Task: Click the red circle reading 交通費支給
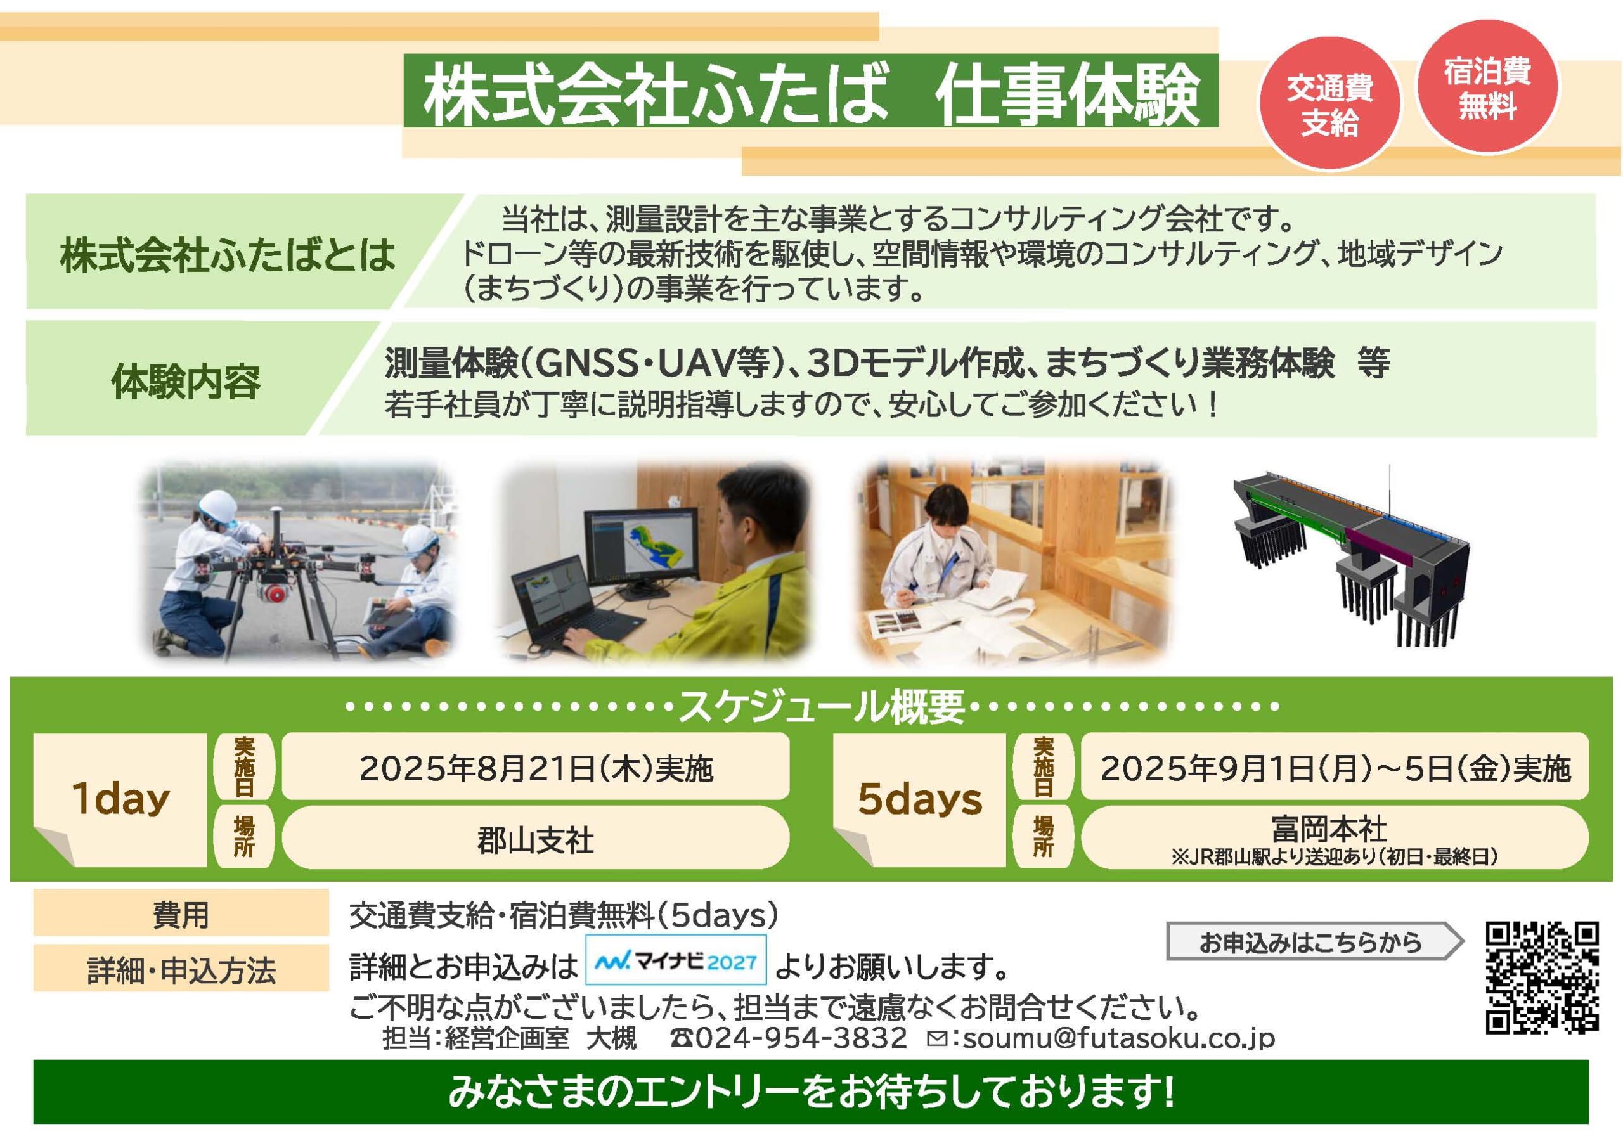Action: pyautogui.click(x=1329, y=103)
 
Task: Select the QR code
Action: pyautogui.click(x=1542, y=977)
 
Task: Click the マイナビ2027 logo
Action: pyautogui.click(x=676, y=960)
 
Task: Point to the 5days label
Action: pyautogui.click(x=920, y=799)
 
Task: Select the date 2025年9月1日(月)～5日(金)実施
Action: pyautogui.click(x=1335, y=768)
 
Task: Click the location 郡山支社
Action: pyautogui.click(x=536, y=841)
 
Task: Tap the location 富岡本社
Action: pyautogui.click(x=1329, y=829)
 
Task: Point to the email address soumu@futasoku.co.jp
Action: pyautogui.click(x=1119, y=1038)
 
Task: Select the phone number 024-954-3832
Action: pyautogui.click(x=801, y=1038)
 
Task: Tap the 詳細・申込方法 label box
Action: pyautogui.click(x=181, y=968)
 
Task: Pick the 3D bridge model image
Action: pyautogui.click(x=1350, y=555)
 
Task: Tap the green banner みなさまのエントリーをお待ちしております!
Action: pyautogui.click(x=811, y=1092)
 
